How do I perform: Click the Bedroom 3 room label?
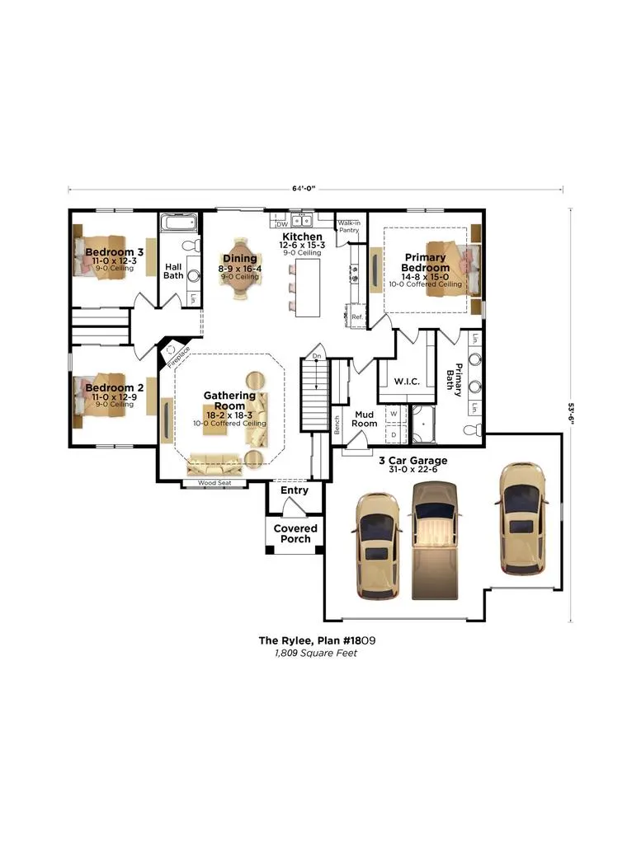[x=114, y=252]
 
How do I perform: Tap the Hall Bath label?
[x=173, y=270]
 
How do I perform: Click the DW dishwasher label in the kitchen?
[x=282, y=224]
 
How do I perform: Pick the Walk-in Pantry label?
[x=349, y=226]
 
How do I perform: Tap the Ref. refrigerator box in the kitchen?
[x=357, y=317]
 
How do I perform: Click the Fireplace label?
[x=178, y=358]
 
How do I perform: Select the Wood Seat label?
[x=214, y=483]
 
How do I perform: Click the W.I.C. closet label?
[x=407, y=381]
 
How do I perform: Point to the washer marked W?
[x=394, y=414]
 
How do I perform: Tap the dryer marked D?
[x=394, y=434]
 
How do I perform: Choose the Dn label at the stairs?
[x=317, y=356]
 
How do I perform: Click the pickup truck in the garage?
[x=436, y=541]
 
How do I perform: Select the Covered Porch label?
[x=295, y=533]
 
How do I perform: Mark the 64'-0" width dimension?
[x=304, y=189]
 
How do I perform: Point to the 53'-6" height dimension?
[x=572, y=415]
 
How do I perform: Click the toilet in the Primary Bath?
[x=473, y=429]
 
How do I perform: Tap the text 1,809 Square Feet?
[x=316, y=654]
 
